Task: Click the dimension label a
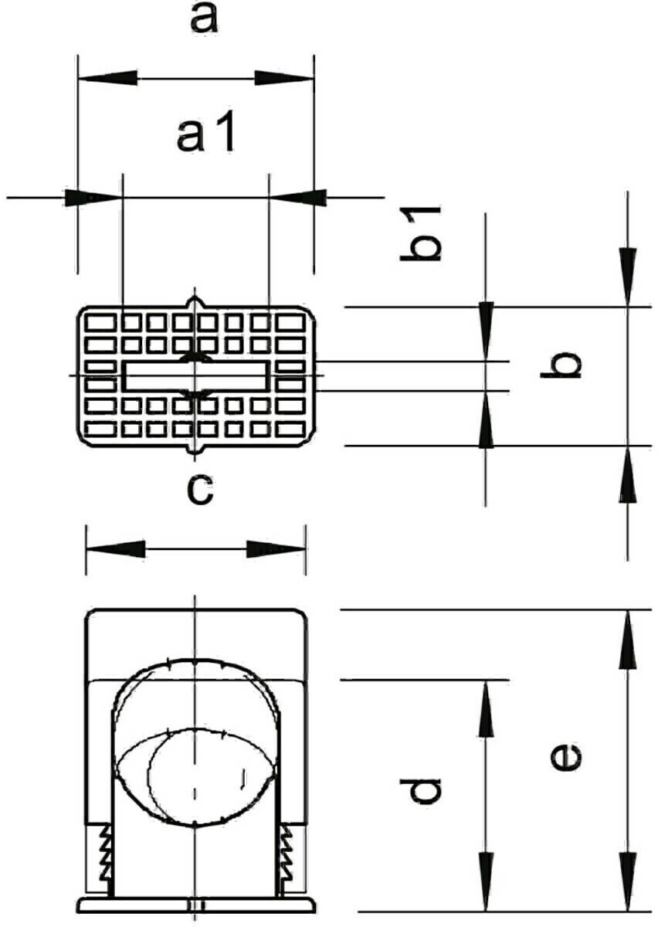tap(203, 19)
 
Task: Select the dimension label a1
tap(205, 136)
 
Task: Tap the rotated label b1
tap(420, 233)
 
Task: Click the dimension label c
tap(200, 490)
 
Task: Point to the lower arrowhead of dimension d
tap(486, 881)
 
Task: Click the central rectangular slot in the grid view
tap(195, 377)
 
